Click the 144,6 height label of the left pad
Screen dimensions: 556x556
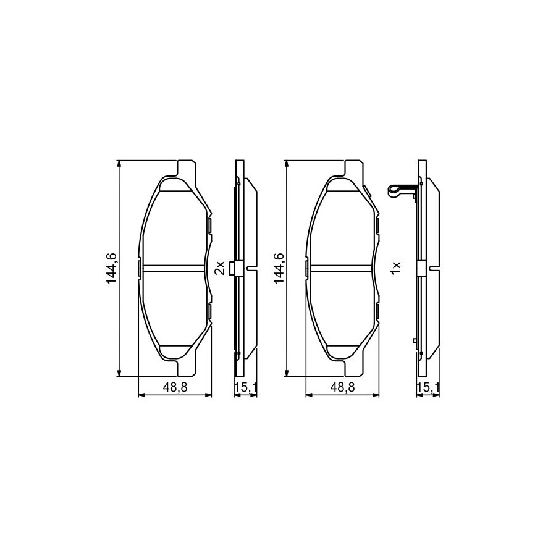point(112,268)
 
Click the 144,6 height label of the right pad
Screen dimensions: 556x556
point(279,268)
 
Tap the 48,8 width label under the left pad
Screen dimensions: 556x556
point(175,387)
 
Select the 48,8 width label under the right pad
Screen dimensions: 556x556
point(342,387)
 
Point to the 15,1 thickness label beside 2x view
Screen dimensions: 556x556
point(245,387)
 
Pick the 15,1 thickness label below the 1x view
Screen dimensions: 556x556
point(429,387)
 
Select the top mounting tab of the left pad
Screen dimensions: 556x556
point(186,169)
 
